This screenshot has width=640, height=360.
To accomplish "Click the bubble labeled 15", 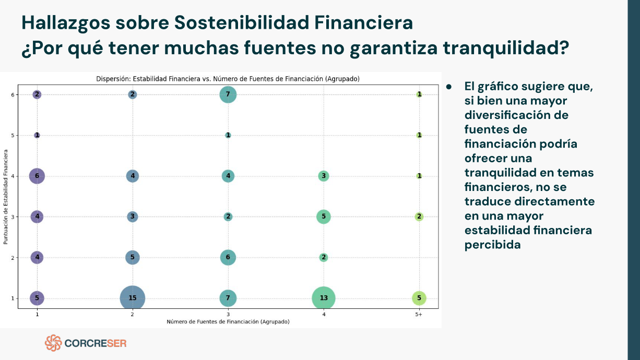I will pos(133,298).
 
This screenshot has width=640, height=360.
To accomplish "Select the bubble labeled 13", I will pos(324,298).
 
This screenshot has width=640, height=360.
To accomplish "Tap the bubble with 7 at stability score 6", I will pos(228,94).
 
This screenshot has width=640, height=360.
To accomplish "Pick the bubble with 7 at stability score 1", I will pos(228,298).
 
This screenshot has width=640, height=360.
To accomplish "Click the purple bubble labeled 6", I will pos(37,176).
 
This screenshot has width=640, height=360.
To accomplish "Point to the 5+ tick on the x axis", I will pos(419,315).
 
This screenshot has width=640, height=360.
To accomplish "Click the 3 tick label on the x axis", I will pos(228,315).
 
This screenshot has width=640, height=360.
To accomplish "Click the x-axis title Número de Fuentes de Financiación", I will pos(228,322).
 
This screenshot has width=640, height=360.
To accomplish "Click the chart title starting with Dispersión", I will pos(228,79).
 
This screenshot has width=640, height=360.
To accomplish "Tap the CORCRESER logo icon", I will pos(53,343).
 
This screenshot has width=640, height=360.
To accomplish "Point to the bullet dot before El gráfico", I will pos(448,87).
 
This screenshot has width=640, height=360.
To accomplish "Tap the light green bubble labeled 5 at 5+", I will pos(419,298).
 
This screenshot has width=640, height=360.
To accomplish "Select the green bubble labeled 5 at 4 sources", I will pos(324,217).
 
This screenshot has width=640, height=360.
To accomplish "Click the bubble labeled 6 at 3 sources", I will pos(228,257).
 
